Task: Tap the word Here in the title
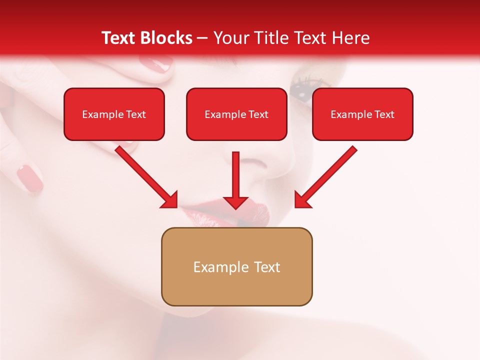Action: click(350, 38)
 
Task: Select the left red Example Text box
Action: click(114, 114)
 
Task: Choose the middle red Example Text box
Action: click(236, 114)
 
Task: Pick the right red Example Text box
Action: click(362, 114)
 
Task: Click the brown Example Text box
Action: click(236, 267)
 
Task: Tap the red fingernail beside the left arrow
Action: click(30, 178)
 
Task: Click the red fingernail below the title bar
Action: click(155, 63)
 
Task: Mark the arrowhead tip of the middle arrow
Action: click(235, 208)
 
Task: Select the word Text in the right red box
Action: click(384, 114)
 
